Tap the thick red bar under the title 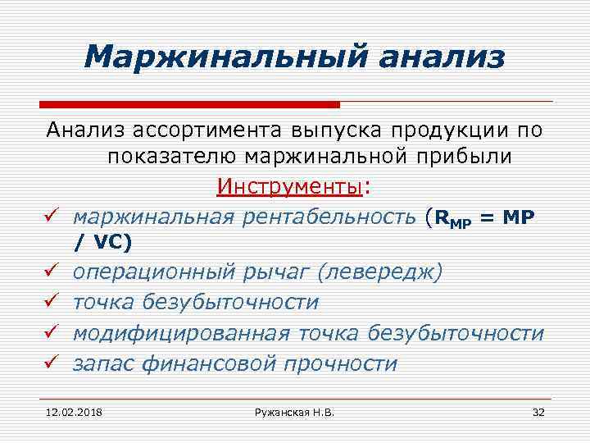click(x=189, y=105)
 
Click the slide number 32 click(x=538, y=411)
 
